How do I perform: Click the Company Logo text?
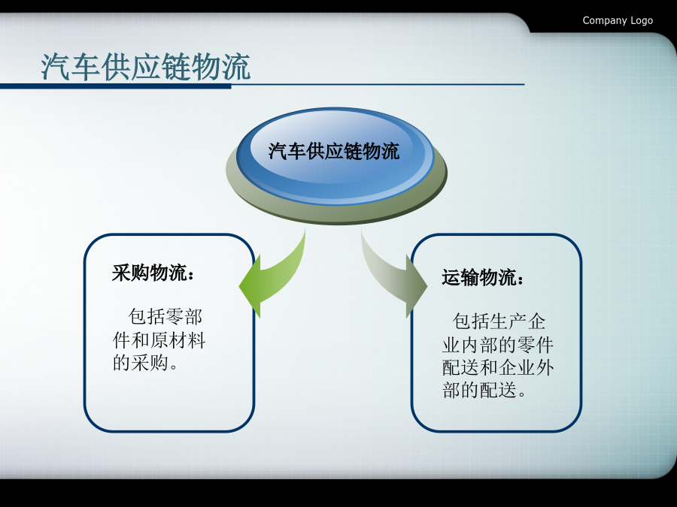pos(618,20)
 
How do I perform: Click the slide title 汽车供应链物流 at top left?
pos(146,67)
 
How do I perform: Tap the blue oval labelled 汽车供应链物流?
pos(335,156)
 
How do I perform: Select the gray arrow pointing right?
pos(393,276)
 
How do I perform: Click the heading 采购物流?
pos(153,273)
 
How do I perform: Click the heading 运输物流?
pos(483,277)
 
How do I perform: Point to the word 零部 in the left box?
pos(184,317)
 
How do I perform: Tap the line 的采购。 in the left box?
pos(145,363)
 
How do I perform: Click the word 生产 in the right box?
pos(508,321)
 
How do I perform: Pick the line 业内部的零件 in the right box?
pos(498,345)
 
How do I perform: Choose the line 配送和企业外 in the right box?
pos(498,368)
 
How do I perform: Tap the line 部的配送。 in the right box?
pos(484,390)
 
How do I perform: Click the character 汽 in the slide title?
pos(56,67)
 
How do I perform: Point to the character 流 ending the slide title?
pos(235,67)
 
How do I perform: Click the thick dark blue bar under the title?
pos(115,86)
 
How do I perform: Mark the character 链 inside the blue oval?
pos(353,151)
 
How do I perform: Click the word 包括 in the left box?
pos(147,317)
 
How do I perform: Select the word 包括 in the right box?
pos(471,321)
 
